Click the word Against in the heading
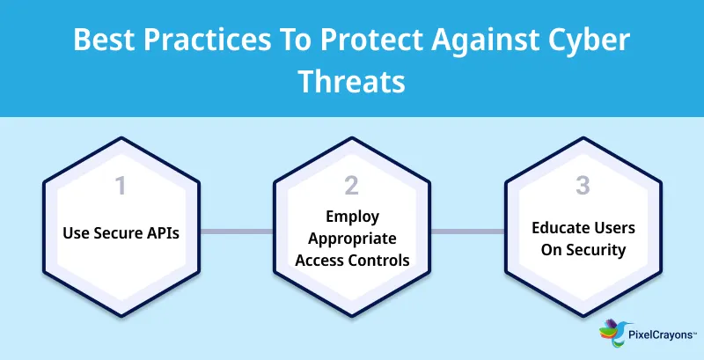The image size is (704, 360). coord(472,42)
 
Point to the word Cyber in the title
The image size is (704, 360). coord(592,42)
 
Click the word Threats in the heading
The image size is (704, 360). coord(352,82)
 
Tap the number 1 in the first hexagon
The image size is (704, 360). coord(121,186)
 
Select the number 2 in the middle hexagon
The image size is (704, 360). coord(352,186)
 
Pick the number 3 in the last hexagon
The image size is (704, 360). coord(583,186)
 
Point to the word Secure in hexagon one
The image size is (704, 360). coord(114,233)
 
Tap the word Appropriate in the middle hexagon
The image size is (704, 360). coord(352,239)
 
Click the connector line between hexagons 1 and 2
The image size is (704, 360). coord(236,232)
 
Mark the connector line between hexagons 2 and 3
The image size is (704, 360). coord(467,232)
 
